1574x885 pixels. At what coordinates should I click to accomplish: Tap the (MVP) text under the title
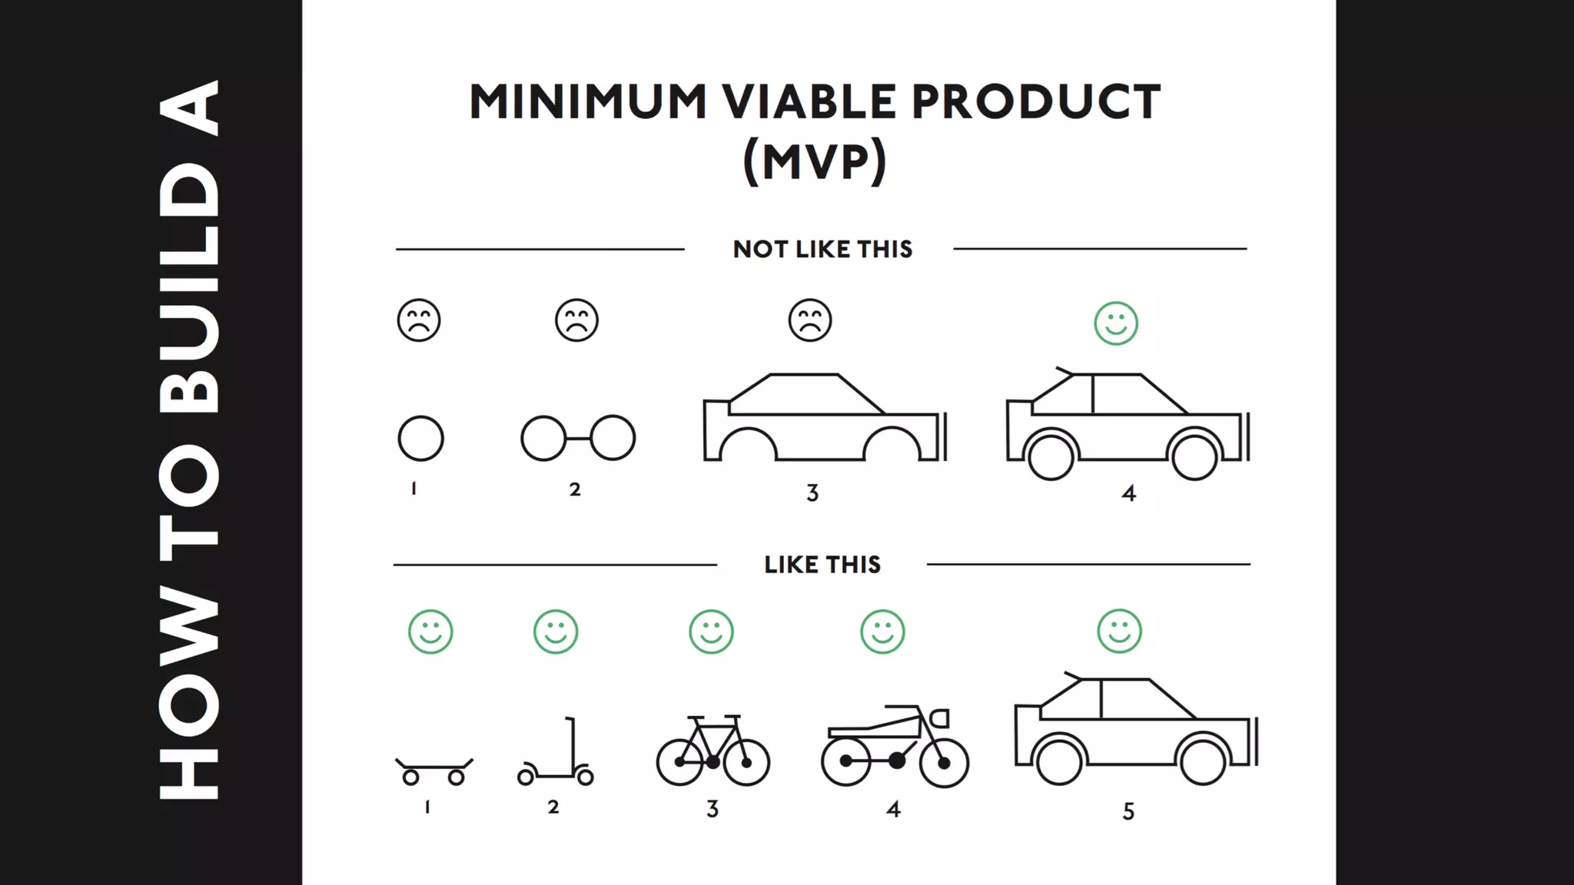pyautogui.click(x=815, y=161)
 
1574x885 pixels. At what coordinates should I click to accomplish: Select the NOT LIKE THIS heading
pyautogui.click(x=822, y=250)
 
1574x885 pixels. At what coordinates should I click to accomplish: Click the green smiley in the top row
pyautogui.click(x=1116, y=323)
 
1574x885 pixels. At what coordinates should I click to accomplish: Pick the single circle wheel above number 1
pyautogui.click(x=420, y=439)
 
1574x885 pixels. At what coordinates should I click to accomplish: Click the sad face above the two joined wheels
pyautogui.click(x=576, y=320)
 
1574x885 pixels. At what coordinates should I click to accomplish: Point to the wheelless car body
pyautogui.click(x=824, y=419)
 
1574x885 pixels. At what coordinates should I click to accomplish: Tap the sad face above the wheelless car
pyautogui.click(x=810, y=320)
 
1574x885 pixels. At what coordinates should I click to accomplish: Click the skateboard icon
pyautogui.click(x=434, y=771)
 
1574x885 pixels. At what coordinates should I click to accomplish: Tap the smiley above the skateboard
pyautogui.click(x=430, y=632)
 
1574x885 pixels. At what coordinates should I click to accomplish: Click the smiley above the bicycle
pyautogui.click(x=711, y=632)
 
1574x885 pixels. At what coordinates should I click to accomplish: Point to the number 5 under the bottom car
pyautogui.click(x=1128, y=812)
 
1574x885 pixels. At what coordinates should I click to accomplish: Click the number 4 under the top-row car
pyautogui.click(x=1128, y=493)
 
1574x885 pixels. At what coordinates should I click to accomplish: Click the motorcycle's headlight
pyautogui.click(x=940, y=718)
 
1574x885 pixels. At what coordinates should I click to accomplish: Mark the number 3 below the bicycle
pyautogui.click(x=712, y=809)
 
